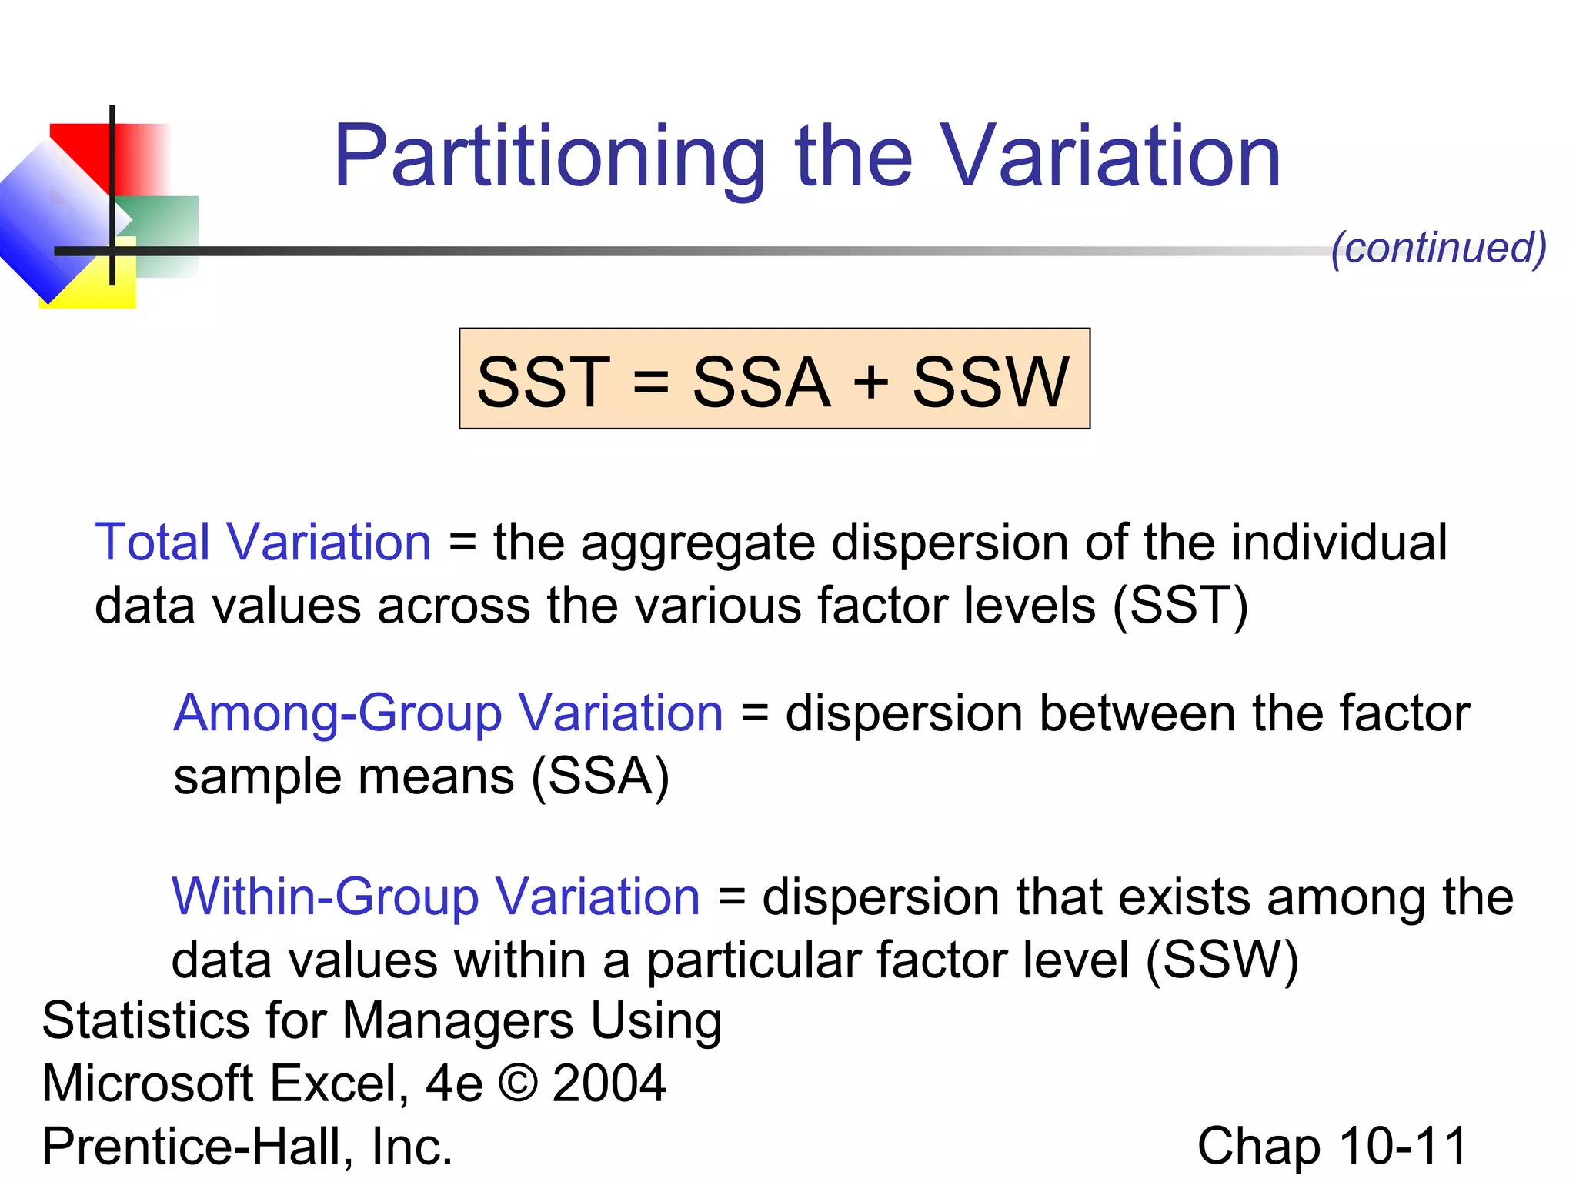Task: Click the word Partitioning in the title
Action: (549, 158)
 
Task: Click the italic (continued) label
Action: (1438, 248)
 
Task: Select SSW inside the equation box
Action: (990, 382)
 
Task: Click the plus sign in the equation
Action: (871, 382)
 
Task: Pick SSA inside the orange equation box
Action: (761, 382)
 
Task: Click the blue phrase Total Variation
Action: (262, 543)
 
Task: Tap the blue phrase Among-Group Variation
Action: (448, 713)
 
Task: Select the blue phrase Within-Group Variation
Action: (436, 897)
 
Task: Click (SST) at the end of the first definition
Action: (1180, 606)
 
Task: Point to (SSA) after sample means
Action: (600, 776)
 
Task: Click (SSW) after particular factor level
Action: (1222, 960)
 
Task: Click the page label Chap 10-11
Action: (1332, 1147)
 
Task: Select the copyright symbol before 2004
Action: (518, 1083)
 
